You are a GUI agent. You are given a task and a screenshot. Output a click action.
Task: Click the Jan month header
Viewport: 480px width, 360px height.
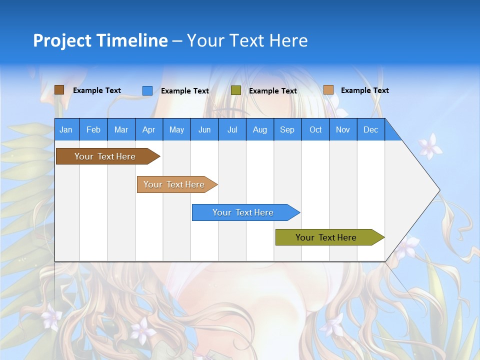(66, 129)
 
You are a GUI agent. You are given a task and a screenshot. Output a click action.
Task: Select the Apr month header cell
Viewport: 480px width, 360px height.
(148, 129)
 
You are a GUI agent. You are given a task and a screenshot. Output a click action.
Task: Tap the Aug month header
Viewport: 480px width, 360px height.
(259, 129)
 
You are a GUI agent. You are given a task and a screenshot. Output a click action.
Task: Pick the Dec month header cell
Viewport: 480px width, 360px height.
(370, 129)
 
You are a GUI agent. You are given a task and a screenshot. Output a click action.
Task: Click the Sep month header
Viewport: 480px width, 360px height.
(287, 129)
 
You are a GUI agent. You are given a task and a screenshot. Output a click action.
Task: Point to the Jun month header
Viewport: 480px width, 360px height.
(204, 129)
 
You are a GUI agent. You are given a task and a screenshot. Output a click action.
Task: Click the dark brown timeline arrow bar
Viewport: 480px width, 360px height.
(105, 156)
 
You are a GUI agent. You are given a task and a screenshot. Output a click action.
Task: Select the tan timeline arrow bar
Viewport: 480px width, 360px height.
(174, 184)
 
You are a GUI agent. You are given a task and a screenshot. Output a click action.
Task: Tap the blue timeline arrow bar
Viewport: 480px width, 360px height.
(243, 212)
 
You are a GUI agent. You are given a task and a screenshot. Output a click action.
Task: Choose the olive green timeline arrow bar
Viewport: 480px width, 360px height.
(326, 237)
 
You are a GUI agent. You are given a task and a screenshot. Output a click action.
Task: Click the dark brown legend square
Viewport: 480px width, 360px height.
(59, 90)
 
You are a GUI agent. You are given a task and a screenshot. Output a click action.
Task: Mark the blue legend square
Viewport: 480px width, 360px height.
(147, 90)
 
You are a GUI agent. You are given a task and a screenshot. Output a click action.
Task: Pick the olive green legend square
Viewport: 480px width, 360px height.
(236, 90)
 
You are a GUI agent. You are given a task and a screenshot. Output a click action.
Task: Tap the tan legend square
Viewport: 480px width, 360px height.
(328, 90)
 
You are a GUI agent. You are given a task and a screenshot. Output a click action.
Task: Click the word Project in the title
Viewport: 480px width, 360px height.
(63, 40)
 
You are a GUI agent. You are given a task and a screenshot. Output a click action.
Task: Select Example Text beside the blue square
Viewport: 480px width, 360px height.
(184, 91)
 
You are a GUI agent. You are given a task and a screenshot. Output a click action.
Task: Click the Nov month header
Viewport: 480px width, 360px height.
(342, 129)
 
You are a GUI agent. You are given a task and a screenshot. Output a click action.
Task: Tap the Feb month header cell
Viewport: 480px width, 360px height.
(93, 129)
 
